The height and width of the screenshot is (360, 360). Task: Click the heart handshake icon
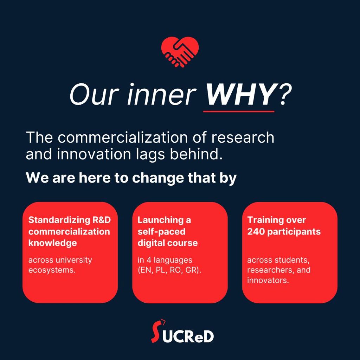[x=180, y=52]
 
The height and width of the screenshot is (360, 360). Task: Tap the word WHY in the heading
[x=239, y=95]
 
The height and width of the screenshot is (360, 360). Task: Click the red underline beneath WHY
[x=239, y=111]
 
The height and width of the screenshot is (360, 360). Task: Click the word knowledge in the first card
[x=52, y=243]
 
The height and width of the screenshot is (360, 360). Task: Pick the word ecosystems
[x=52, y=271]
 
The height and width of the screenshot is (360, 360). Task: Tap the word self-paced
[x=161, y=232]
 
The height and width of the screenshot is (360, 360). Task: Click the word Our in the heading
[x=87, y=95]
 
